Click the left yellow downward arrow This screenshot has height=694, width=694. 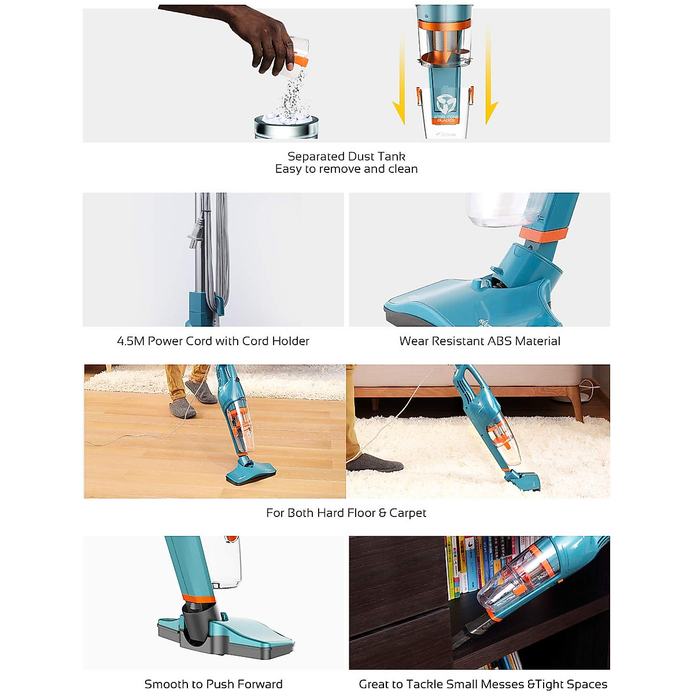pyautogui.click(x=399, y=81)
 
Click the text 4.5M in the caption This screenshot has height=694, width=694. pyautogui.click(x=130, y=341)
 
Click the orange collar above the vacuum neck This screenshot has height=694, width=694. pyautogui.click(x=542, y=234)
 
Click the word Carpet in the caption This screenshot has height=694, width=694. pyautogui.click(x=408, y=513)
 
